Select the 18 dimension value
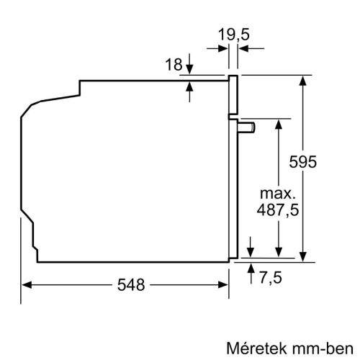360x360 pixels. pos(174,66)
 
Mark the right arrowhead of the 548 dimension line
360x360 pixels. pos(224,284)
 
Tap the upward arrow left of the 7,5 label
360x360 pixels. pos(250,268)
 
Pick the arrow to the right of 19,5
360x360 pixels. pos(243,48)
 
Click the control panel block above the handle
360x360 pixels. pos(233,95)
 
